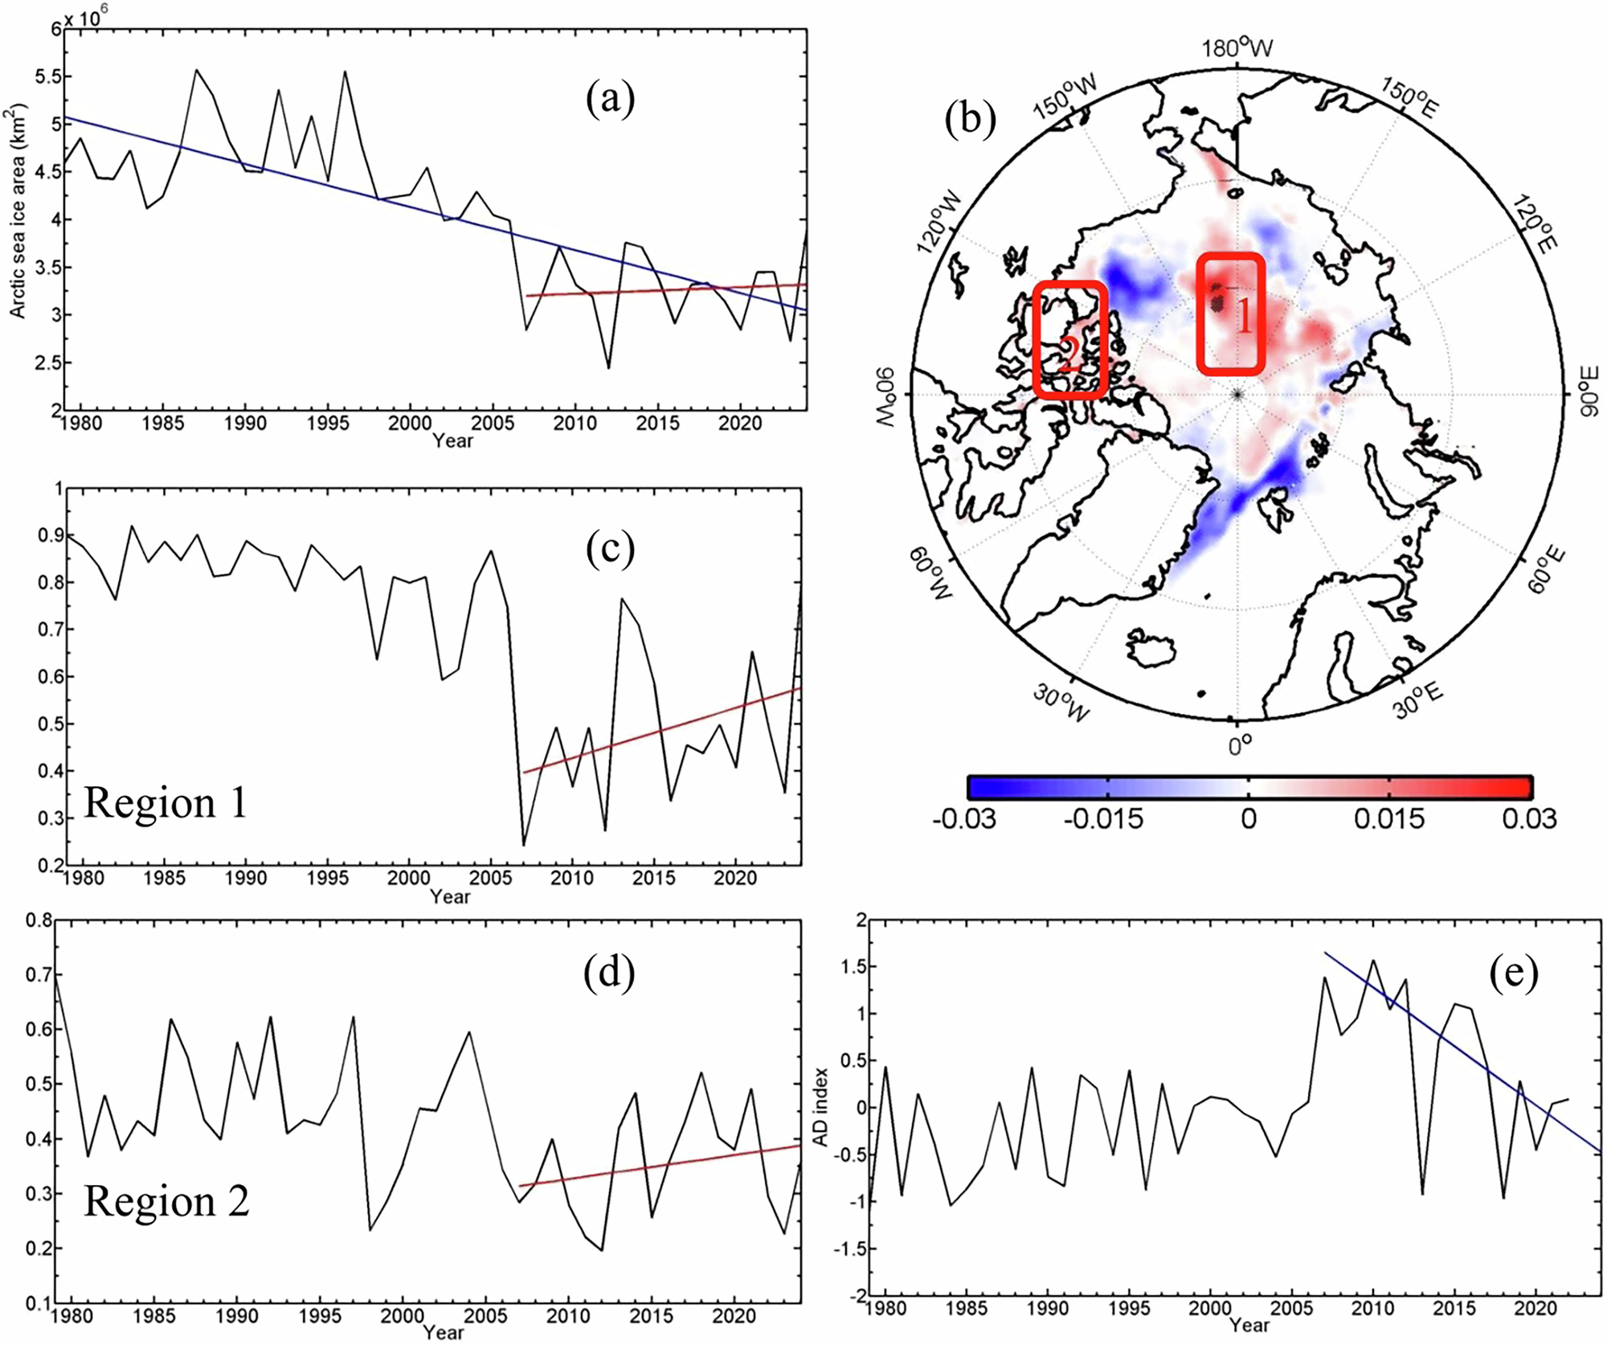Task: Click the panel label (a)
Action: (x=610, y=100)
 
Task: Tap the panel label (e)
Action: (x=1513, y=974)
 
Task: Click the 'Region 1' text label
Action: (x=166, y=802)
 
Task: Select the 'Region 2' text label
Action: (x=166, y=1201)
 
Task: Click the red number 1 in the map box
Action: (x=1243, y=317)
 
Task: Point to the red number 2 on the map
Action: (x=1069, y=354)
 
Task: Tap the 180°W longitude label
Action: (x=1237, y=48)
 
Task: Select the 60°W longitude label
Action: (x=930, y=572)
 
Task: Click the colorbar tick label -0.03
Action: (x=963, y=818)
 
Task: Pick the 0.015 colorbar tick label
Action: (x=1388, y=818)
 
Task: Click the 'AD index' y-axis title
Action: (x=820, y=1107)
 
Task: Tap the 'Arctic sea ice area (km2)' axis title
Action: (x=18, y=211)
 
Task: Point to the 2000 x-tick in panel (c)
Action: (x=408, y=878)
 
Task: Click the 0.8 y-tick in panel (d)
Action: (x=39, y=920)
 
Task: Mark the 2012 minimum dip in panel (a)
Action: (x=608, y=367)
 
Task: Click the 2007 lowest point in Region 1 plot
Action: (x=523, y=844)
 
